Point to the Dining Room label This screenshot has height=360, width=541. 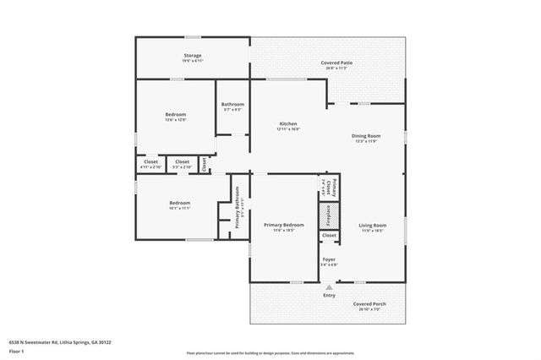pos(366,139)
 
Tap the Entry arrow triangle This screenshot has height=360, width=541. pos(329,286)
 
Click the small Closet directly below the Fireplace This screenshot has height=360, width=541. pos(328,236)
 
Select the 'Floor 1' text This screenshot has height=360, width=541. pos(16,352)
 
